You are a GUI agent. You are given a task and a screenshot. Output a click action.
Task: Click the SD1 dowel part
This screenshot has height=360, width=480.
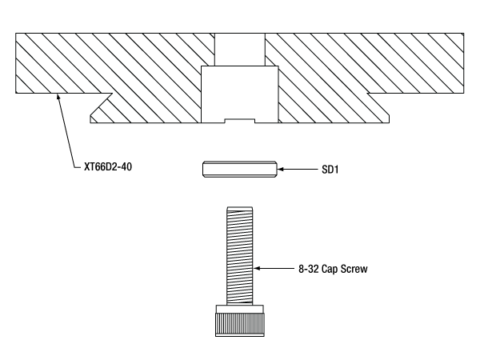[x=240, y=170]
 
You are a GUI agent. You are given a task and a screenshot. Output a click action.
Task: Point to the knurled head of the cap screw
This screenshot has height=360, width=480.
[x=240, y=322]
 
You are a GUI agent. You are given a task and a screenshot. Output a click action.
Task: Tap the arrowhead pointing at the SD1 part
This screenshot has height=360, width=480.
[x=282, y=170]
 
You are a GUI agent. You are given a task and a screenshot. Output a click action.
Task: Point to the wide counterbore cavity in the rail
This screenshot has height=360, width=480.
[x=240, y=92]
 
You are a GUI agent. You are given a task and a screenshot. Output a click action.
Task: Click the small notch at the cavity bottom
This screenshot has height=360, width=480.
[x=240, y=121]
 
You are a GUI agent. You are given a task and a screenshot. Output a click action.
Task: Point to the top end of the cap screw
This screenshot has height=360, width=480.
[x=240, y=209]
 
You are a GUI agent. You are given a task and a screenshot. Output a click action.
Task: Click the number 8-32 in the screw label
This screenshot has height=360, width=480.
[x=302, y=269]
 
